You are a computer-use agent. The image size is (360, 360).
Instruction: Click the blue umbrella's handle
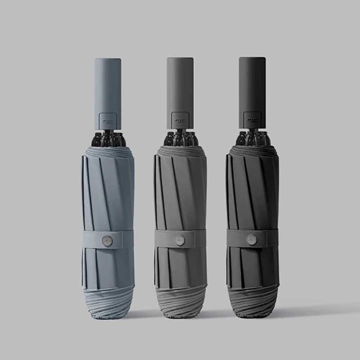108,90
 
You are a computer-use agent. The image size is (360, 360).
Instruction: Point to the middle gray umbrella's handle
180,90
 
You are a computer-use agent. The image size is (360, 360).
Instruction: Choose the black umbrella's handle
252,90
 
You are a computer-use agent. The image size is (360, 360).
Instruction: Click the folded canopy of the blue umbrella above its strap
108,189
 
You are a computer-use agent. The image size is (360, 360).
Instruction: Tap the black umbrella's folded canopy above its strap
252,189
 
